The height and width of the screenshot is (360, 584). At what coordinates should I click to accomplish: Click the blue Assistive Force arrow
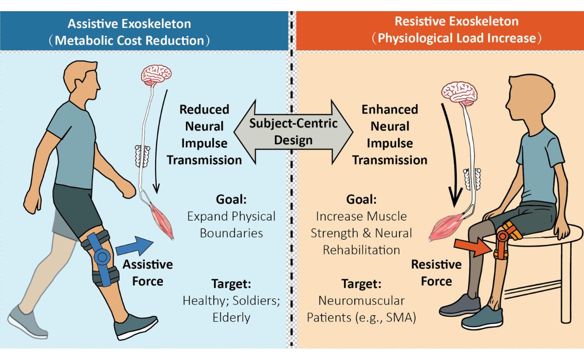click(x=134, y=246)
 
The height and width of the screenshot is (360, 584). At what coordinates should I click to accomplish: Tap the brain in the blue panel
click(x=156, y=75)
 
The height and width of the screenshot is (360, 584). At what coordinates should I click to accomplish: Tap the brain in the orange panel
click(x=459, y=92)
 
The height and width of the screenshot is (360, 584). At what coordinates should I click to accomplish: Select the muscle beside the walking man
click(x=162, y=221)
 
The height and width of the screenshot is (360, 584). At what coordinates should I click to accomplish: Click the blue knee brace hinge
click(x=103, y=257)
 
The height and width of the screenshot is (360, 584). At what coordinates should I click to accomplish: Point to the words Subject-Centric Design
click(x=293, y=132)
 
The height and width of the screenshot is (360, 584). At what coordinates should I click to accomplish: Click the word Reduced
click(x=204, y=109)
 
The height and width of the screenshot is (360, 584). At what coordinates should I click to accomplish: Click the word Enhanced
click(x=390, y=109)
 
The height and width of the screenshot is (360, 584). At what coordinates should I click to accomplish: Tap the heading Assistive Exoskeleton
click(x=129, y=24)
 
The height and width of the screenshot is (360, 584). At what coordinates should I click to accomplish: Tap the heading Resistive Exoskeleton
click(x=456, y=21)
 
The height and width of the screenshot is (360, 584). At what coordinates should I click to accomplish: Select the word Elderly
click(x=231, y=318)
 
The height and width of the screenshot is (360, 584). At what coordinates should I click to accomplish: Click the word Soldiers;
click(x=256, y=301)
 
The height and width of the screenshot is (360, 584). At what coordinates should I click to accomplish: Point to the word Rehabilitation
click(x=361, y=250)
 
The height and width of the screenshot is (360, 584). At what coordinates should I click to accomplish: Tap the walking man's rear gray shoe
click(x=28, y=323)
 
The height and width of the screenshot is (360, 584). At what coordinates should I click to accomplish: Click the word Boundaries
click(x=231, y=234)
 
